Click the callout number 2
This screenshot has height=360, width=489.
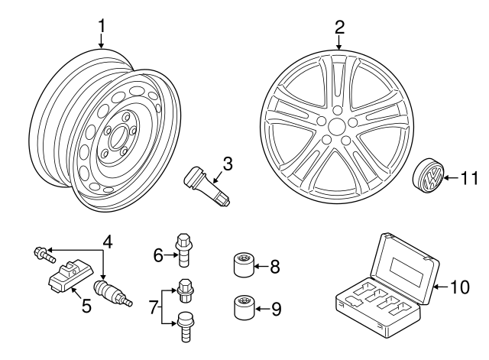pos(339,28)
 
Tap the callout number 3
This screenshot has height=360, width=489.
pos(228,163)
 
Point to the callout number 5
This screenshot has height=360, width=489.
pos(86,306)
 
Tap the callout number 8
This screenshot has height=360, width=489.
pos(275,267)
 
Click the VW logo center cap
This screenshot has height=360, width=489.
pos(429,179)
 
